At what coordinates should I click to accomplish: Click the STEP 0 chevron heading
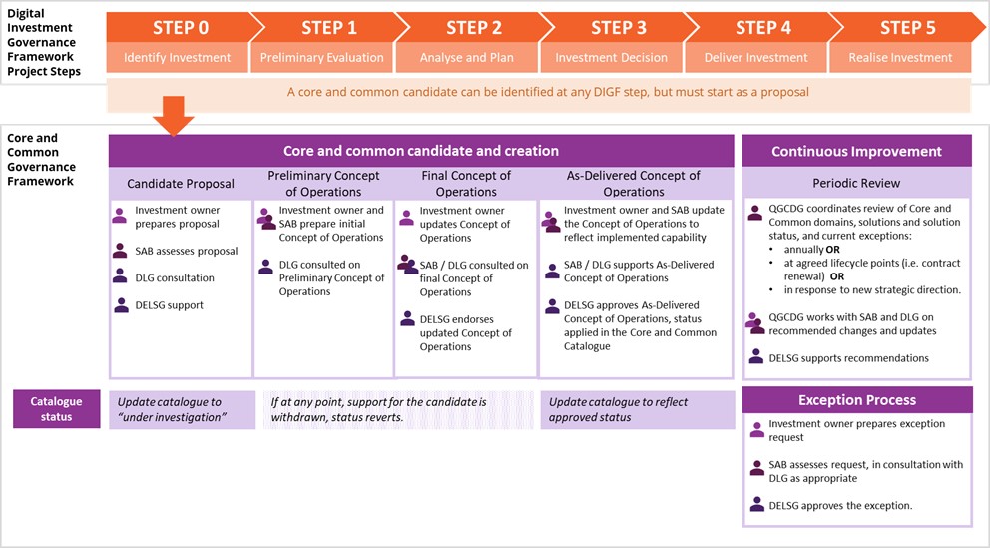tap(180, 27)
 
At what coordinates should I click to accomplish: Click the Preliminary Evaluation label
tap(321, 58)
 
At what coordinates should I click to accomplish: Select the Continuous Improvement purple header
tap(856, 152)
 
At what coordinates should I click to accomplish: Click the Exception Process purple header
tap(856, 400)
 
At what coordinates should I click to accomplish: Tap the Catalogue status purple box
tap(56, 409)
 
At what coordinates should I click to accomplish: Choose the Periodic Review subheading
tap(856, 184)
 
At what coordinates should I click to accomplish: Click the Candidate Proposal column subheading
tap(181, 184)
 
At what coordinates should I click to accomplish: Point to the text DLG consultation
tap(175, 278)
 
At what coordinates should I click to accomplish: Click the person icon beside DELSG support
tap(121, 305)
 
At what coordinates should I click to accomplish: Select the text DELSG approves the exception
tap(840, 506)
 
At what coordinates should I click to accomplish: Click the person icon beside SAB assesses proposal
tap(121, 252)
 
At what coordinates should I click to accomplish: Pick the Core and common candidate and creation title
tap(421, 152)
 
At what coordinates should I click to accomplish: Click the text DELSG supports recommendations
tap(848, 358)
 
